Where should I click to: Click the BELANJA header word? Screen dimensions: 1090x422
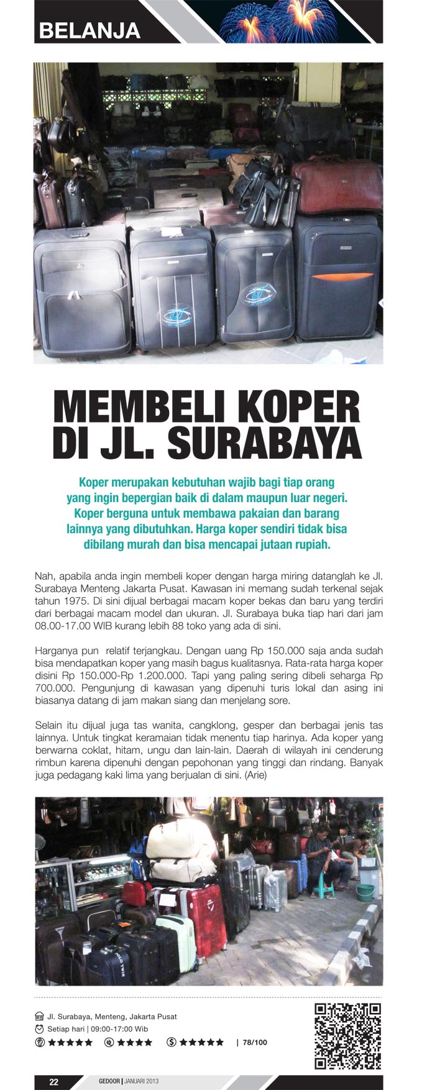point(89,30)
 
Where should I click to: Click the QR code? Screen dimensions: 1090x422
point(347,1036)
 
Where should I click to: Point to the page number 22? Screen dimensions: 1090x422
point(54,1081)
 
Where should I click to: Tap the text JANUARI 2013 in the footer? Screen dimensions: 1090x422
point(142,1081)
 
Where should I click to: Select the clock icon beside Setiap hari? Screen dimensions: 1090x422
point(40,1029)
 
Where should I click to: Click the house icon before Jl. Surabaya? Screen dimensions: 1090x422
point(40,1017)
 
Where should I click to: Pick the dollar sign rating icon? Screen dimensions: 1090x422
point(172,1042)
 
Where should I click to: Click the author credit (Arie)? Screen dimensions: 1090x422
point(255,775)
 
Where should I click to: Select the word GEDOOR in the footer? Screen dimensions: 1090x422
point(109,1081)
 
